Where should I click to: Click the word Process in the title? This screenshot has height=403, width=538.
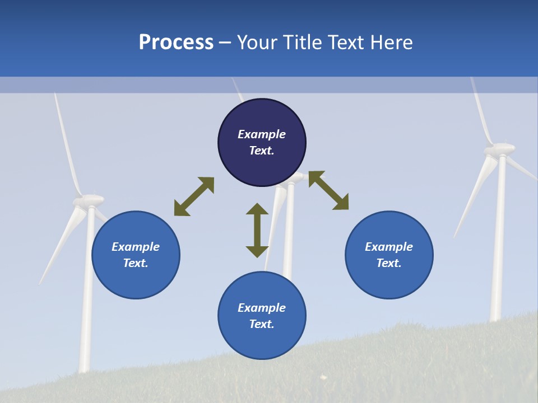coord(176,43)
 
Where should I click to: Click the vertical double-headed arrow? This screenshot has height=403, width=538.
coord(257,230)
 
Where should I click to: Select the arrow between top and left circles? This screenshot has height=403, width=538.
coord(194,196)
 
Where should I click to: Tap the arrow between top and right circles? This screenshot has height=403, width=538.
coord(328,190)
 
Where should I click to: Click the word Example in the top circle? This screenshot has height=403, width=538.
coord(262,134)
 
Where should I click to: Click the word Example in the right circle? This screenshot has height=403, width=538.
coord(389,247)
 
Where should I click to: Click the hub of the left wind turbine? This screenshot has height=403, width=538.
coord(90,200)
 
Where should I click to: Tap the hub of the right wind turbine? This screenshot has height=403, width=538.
coord(499,149)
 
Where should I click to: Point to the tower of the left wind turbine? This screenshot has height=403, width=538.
coord(87,313)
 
